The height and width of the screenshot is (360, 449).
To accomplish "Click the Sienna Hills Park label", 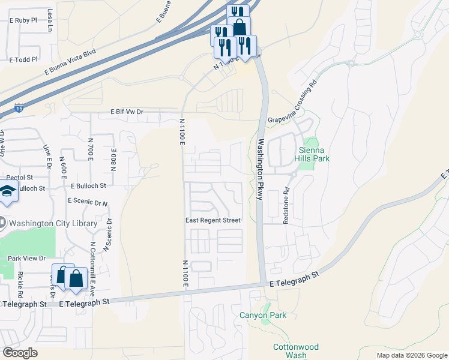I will tap(312, 154).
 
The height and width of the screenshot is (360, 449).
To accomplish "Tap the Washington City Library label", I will tap(53, 223).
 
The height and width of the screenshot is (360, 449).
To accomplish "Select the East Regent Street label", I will tap(212, 220).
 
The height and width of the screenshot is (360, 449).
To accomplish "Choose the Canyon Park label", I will tap(263, 315).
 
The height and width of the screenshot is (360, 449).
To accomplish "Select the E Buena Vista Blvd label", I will tap(70, 62).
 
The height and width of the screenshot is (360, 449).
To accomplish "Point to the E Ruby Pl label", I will tap(23, 19).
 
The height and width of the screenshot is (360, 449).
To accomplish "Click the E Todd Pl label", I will tap(24, 59).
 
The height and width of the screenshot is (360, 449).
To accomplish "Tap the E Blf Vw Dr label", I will tap(127, 112).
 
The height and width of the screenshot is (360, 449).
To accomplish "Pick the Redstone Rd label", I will tap(286, 208).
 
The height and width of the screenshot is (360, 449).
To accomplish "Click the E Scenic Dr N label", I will tap(88, 201).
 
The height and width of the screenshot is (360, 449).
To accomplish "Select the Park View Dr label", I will tap(26, 258).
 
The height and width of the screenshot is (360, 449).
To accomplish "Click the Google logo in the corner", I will tap(20, 353).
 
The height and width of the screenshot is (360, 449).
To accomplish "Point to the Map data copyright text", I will tap(411, 355).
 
